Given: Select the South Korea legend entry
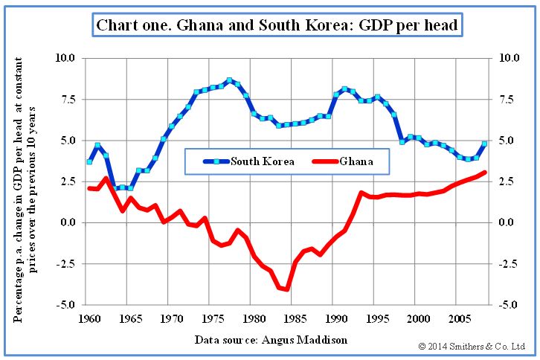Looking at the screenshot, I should pos(250,161).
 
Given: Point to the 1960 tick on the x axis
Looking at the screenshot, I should pos(89,319).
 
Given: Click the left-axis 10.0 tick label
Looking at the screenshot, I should pos(66,57).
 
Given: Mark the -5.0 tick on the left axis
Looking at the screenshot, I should pos(66,305).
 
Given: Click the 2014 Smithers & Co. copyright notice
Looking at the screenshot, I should pos(472,346).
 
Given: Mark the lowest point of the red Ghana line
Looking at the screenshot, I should pos(286,289).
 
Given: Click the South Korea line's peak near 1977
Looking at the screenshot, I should pos(229,80).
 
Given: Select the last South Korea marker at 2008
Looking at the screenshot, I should pos(484,144).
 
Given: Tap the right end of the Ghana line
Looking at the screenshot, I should pos(484,173).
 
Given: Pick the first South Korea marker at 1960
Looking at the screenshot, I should pos(89,161).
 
